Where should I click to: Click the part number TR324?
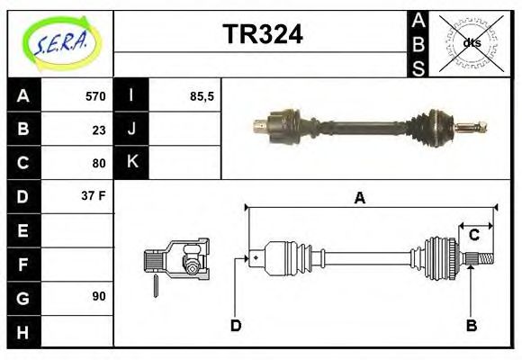[262, 34]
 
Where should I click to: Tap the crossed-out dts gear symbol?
[471, 43]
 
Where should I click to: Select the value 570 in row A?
[95, 96]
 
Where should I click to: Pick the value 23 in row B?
[98, 130]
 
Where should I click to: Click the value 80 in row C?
[98, 163]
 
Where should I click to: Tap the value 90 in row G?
[98, 296]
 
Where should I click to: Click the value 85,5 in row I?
[202, 96]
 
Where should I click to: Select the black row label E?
[23, 230]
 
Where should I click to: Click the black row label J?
[131, 130]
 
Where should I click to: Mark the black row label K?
[131, 163]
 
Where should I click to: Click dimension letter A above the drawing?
[359, 198]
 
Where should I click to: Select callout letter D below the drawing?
[236, 325]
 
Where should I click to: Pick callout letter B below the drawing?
[471, 325]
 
